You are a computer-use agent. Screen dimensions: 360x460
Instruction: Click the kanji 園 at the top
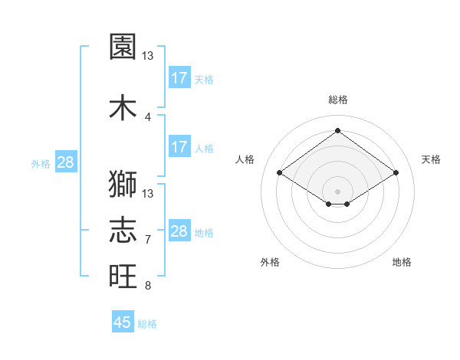tap(123, 47)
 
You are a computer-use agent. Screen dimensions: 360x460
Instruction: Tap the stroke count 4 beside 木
tap(148, 116)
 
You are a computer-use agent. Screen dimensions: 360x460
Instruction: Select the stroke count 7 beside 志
tap(148, 239)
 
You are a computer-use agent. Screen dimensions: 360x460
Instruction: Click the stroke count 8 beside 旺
tap(148, 286)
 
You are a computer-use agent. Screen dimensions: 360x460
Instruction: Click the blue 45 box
tap(123, 322)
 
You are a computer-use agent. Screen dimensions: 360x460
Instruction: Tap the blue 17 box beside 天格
tap(179, 78)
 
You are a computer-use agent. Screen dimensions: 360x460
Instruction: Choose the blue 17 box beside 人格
tap(179, 147)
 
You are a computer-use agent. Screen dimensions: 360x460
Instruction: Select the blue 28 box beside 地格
tap(179, 231)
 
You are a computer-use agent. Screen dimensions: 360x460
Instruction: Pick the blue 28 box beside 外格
tap(65, 162)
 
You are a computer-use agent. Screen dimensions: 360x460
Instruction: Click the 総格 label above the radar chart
tap(337, 100)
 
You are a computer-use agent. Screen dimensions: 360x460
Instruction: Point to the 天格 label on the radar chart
tap(431, 159)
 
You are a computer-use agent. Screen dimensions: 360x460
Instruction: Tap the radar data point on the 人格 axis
tap(280, 173)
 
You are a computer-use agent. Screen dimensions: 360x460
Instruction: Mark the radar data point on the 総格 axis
tap(337, 130)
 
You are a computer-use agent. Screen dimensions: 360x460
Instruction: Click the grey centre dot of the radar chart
tap(337, 191)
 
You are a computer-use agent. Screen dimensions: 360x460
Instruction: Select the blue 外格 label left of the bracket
tap(41, 163)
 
